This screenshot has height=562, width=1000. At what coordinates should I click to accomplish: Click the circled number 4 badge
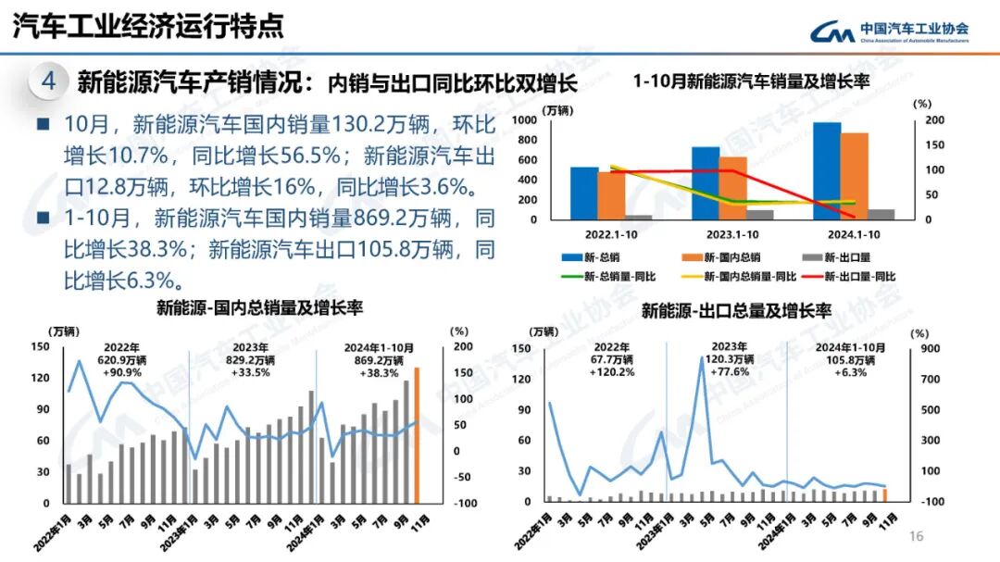(x=48, y=81)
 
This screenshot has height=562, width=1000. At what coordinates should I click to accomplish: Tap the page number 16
(x=917, y=537)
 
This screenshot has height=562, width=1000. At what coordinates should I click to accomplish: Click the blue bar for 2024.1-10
(x=827, y=171)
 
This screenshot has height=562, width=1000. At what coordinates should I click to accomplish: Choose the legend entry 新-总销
(x=593, y=257)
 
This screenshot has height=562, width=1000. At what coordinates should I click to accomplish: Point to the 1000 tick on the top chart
(x=550, y=120)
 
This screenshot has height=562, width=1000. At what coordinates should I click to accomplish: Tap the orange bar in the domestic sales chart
(x=417, y=435)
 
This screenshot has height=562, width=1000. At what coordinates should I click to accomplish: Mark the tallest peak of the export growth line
(x=702, y=357)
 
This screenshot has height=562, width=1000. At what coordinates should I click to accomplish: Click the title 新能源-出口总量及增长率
(x=736, y=310)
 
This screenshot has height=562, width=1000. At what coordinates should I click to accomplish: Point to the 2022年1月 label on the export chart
(x=537, y=528)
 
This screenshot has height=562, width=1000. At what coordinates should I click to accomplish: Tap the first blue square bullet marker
(x=43, y=123)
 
